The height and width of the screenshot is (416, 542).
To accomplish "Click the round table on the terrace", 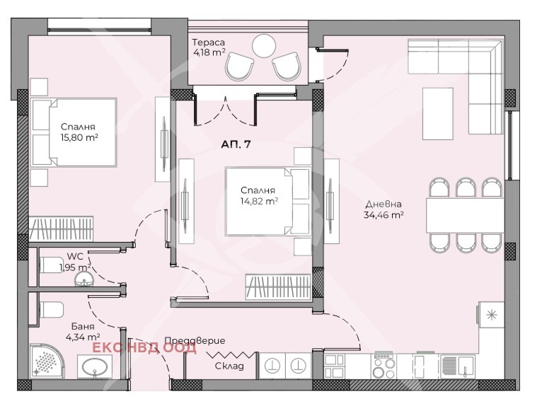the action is (x=264, y=46).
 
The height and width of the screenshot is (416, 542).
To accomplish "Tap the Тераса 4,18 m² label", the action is (x=209, y=47).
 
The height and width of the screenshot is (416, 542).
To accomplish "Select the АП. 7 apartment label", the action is (x=236, y=144).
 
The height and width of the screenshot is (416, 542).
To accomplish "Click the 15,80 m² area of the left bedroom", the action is (x=79, y=137).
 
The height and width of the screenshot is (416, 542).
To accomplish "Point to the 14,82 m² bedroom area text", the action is (x=259, y=202).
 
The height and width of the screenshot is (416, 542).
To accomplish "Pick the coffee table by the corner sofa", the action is (x=437, y=114).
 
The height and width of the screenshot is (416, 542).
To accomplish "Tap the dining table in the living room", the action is (x=466, y=215).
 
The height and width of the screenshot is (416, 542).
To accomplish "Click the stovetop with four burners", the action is (x=384, y=366).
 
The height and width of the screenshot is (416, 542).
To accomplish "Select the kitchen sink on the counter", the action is (x=457, y=366).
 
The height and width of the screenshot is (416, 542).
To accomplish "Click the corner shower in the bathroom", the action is (x=47, y=361).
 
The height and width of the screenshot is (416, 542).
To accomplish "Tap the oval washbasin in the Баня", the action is (x=95, y=367).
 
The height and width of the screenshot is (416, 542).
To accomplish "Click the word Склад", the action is (x=229, y=366).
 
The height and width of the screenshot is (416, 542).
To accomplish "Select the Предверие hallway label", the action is (x=195, y=341).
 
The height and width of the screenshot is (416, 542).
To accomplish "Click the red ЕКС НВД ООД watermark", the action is (x=145, y=348).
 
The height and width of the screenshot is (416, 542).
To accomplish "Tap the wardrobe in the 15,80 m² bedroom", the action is (x=61, y=229).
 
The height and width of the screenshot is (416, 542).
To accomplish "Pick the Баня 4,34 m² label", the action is (x=83, y=331).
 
